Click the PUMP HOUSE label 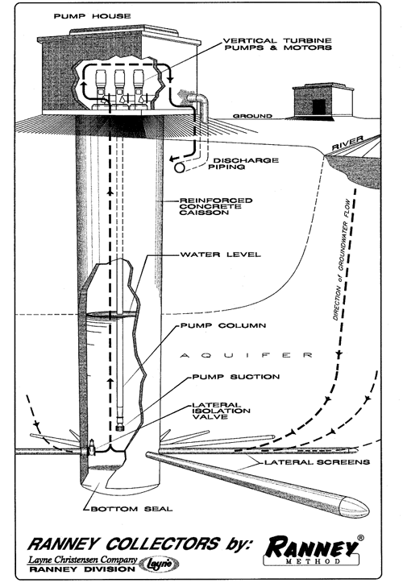[x=92, y=16]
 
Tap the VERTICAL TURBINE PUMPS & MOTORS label [x=277, y=44]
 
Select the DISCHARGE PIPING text [x=243, y=163]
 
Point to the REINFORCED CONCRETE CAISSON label [x=216, y=206]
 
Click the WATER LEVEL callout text [x=220, y=254]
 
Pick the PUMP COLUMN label [x=223, y=325]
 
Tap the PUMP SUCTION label [x=236, y=377]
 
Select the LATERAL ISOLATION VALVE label [x=221, y=411]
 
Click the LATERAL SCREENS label [x=317, y=462]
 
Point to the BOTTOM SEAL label [x=132, y=509]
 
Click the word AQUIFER [x=247, y=355]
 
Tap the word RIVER [x=348, y=144]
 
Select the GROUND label [x=252, y=116]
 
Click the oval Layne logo [x=159, y=564]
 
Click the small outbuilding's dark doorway [x=318, y=106]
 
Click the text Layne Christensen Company [x=82, y=560]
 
